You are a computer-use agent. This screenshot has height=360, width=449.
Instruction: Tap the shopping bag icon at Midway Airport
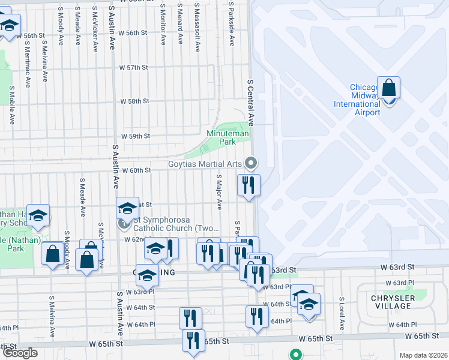[x=388, y=88]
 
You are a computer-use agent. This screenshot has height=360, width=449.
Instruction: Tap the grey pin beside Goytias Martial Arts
[x=251, y=163]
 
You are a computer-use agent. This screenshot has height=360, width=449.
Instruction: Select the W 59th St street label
[x=135, y=136]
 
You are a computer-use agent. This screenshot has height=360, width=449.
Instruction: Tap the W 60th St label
[x=136, y=170]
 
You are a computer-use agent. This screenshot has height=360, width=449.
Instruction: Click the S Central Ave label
[x=251, y=102]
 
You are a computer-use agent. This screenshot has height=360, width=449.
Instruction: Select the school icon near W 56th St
[x=9, y=26]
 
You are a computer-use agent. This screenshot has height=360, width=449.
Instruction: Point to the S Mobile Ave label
[x=11, y=105]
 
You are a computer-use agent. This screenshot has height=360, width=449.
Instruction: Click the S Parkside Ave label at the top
[x=231, y=23]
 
